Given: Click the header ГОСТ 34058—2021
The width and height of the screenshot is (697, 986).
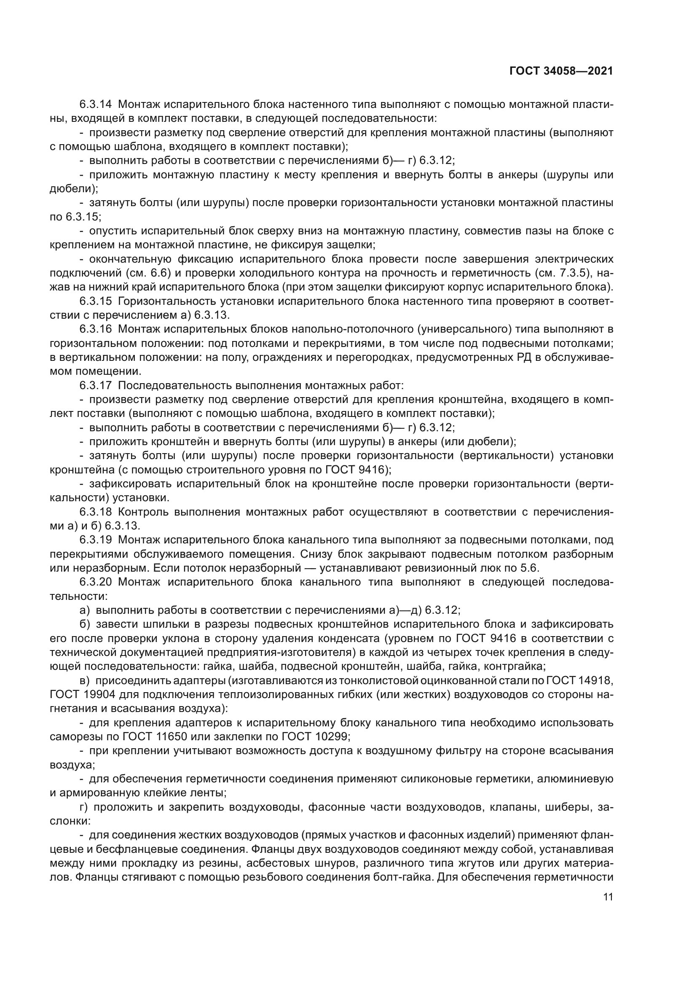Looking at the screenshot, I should click(x=561, y=71).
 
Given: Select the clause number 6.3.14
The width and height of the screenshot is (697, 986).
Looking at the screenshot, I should click(x=95, y=105).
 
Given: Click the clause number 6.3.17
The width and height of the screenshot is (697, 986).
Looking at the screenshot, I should click(x=95, y=386).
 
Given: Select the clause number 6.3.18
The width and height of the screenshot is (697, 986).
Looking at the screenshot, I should click(x=95, y=512).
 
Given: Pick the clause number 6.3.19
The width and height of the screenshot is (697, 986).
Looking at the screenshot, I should click(x=95, y=540).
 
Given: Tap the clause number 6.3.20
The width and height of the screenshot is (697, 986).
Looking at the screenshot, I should click(x=95, y=582).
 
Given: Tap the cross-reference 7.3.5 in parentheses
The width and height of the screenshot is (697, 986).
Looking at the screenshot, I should click(x=580, y=273).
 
